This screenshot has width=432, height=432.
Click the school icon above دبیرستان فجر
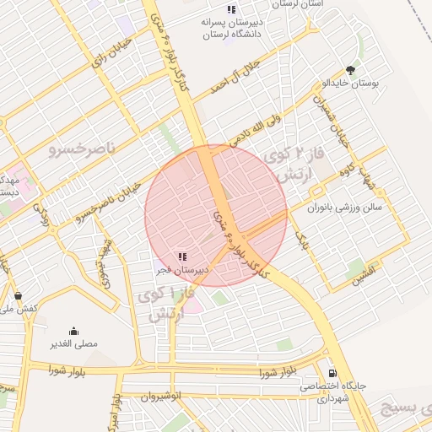coord(182,256)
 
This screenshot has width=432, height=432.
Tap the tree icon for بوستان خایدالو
coord(350,70)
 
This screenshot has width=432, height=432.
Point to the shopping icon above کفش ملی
coord(19,296)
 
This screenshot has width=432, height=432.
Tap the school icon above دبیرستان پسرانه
coord(231,9)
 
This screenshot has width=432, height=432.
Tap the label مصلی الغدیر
coord(74,344)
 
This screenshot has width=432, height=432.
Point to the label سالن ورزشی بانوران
coord(344,205)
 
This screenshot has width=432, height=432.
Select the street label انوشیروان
coord(160,396)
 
